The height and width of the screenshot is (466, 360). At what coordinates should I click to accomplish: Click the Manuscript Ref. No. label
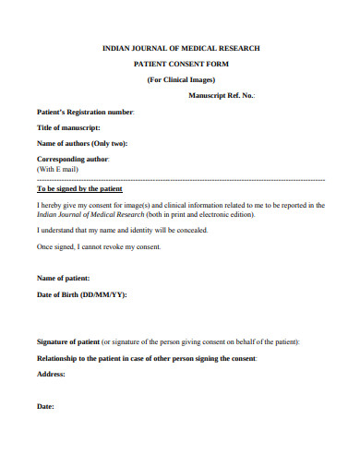coord(222,95)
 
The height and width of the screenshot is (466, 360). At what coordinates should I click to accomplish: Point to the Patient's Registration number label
coord(85,112)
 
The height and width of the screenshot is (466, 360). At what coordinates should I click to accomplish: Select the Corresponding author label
coord(73,160)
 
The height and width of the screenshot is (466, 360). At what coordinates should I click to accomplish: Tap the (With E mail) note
coord(57,170)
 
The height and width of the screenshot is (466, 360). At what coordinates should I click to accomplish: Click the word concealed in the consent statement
coord(190,230)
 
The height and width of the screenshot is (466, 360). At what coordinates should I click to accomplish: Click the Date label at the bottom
coord(45,406)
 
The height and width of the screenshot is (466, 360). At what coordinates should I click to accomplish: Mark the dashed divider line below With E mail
coord(180,180)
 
